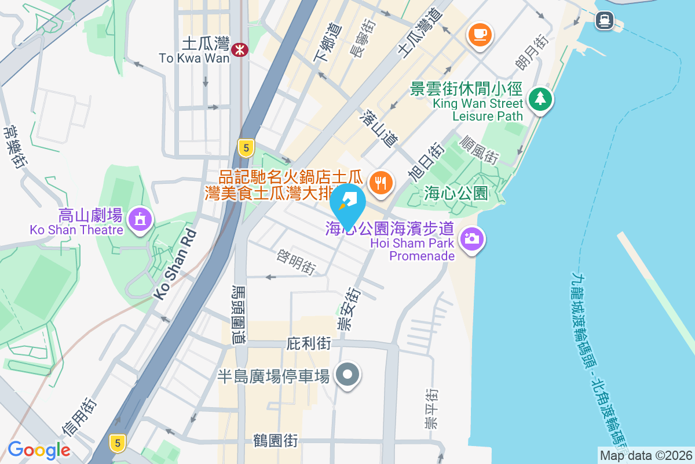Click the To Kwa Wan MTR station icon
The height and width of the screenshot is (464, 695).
[x=239, y=50]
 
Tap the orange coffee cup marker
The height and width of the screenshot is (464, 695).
[x=480, y=34]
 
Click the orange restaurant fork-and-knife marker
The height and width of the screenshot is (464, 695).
[x=381, y=183]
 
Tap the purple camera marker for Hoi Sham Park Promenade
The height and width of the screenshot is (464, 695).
[x=472, y=238]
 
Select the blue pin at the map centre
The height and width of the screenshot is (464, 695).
[x=348, y=205]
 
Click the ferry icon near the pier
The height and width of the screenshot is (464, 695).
[x=605, y=20]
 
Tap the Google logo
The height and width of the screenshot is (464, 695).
[x=39, y=450]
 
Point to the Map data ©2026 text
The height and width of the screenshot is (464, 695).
[x=645, y=455]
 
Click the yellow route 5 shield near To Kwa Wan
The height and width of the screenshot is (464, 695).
[x=246, y=148]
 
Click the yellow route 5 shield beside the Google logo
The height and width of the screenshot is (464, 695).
[x=118, y=443]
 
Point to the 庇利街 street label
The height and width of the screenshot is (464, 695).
[x=309, y=344]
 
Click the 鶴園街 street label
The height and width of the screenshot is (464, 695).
[x=276, y=440]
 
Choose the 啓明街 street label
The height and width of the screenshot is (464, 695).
[x=297, y=262]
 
